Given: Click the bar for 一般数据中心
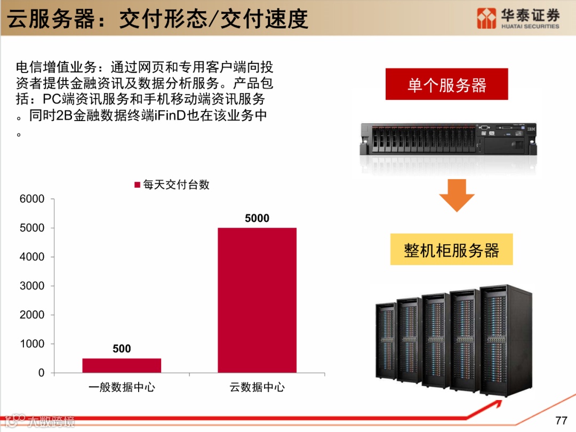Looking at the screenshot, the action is [122, 365].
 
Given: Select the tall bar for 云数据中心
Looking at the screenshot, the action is [257, 300].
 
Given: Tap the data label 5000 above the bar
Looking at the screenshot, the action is [257, 218].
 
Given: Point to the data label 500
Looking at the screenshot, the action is [122, 349].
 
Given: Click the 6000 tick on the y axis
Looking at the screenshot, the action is [33, 199].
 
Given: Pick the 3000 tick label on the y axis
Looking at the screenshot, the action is [33, 286].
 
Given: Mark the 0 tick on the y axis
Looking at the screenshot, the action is [41, 373].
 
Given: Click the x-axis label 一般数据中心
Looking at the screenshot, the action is [122, 387].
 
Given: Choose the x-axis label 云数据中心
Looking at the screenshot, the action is [257, 387].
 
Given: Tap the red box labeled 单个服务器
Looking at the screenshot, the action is [446, 85].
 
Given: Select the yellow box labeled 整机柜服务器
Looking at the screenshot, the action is [451, 250].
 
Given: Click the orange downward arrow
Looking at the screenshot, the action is [457, 195].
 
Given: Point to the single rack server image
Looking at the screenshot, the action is [448, 140].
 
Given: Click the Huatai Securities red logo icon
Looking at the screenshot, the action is [486, 19].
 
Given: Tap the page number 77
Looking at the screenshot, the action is [561, 420].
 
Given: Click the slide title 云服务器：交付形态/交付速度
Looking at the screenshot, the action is [157, 19].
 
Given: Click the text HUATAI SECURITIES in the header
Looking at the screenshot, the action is [530, 26].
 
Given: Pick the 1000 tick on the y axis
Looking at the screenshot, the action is [33, 344].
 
